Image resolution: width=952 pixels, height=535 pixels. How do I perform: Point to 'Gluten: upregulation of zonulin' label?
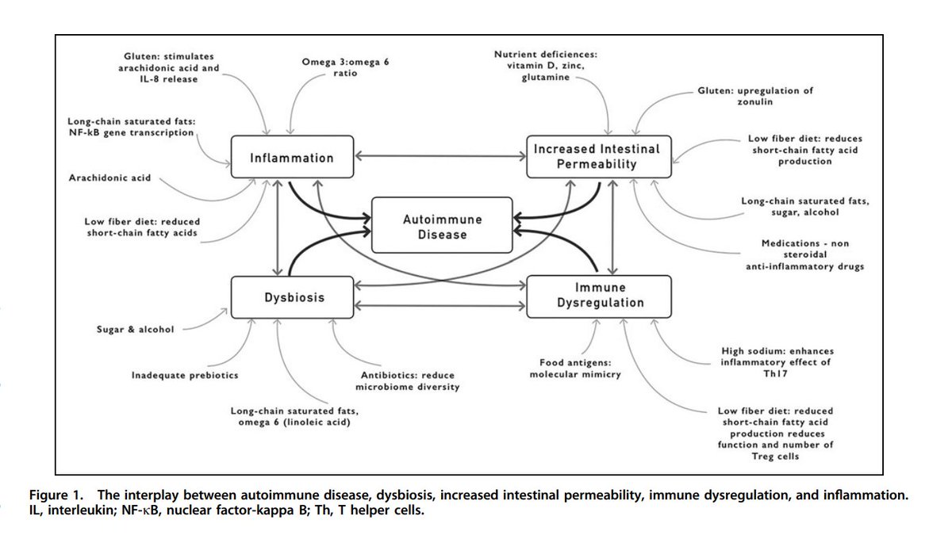tap(755, 97)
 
